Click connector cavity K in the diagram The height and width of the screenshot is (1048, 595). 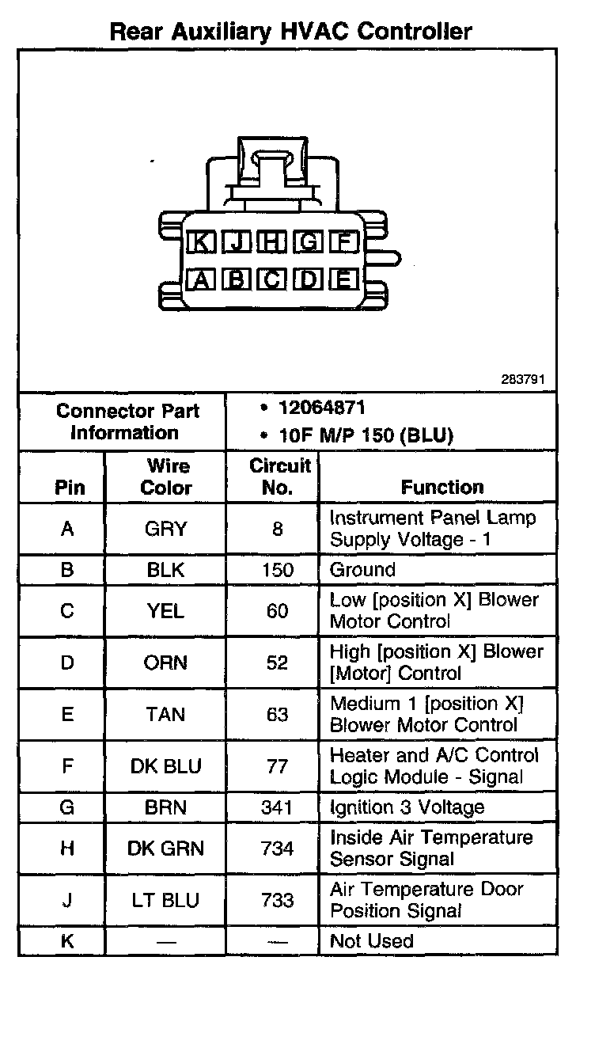[x=201, y=243]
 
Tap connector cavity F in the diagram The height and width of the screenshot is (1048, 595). [x=344, y=243]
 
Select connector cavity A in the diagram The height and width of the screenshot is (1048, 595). [x=201, y=279]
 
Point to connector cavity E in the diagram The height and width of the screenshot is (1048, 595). [x=344, y=279]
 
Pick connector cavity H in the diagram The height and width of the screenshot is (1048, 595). [x=272, y=243]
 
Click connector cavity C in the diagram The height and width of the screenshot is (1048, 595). [x=272, y=279]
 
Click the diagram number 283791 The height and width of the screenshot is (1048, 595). [x=522, y=379]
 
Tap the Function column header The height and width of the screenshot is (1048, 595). [x=442, y=488]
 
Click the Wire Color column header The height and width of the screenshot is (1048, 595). [x=165, y=477]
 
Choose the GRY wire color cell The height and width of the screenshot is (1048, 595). [x=165, y=529]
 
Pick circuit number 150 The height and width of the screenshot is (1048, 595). [x=277, y=570]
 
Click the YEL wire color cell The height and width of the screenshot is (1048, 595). [x=165, y=611]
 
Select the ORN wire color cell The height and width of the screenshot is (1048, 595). [x=165, y=663]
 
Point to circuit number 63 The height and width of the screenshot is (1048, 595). [x=277, y=714]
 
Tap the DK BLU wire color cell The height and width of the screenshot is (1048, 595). [x=165, y=766]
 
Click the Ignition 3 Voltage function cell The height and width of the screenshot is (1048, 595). [x=407, y=807]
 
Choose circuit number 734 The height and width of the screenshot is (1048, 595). [x=277, y=849]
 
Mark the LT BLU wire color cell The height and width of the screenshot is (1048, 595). [x=165, y=900]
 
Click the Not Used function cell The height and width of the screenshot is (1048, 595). [x=371, y=941]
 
